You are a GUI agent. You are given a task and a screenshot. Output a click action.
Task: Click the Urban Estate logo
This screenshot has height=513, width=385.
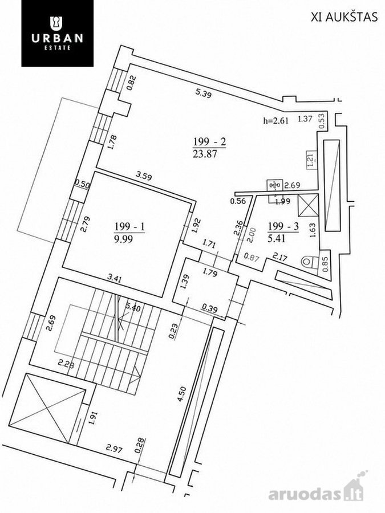[57, 34]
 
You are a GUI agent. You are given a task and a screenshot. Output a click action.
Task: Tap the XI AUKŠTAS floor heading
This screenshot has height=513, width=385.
[344, 17]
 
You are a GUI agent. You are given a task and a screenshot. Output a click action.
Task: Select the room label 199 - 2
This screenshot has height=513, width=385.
[209, 142]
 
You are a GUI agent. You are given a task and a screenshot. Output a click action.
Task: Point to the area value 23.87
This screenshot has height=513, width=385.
[205, 153]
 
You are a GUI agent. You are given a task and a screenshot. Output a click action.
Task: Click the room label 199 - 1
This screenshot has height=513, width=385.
[130, 226]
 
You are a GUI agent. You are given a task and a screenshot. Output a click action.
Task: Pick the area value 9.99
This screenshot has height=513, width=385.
[123, 239]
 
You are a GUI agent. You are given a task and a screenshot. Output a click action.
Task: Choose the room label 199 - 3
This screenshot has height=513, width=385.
[283, 226]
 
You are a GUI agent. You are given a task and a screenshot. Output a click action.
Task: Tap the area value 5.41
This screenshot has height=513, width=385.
[277, 238]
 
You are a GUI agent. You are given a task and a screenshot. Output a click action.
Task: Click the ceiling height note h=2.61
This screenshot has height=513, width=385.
[276, 120]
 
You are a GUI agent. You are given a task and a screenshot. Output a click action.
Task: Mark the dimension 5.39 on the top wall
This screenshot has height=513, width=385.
[204, 94]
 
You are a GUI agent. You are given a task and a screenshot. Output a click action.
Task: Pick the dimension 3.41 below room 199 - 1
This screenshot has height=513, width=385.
[117, 279]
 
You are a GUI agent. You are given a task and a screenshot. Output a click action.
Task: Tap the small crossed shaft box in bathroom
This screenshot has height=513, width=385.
[309, 205]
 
